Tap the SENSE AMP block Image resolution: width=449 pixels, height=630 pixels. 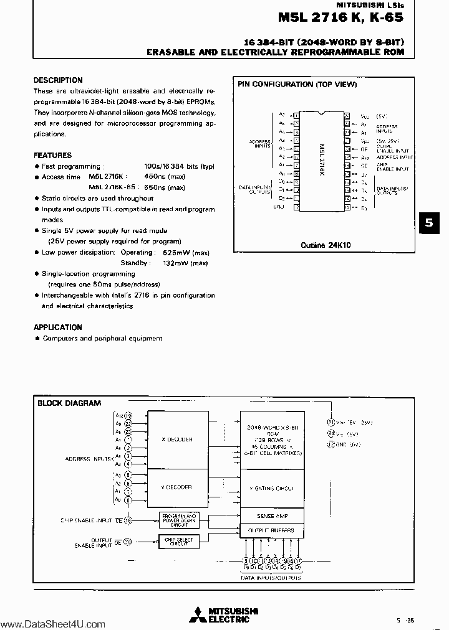[272, 516]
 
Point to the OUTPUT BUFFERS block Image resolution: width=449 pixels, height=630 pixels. [272, 530]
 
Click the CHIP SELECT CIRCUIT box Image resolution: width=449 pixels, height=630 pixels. [178, 542]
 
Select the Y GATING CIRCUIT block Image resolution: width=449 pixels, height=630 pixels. [272, 489]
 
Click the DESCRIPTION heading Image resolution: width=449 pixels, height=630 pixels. [58, 80]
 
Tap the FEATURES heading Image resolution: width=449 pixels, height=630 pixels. [53, 155]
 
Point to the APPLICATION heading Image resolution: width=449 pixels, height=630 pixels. [58, 327]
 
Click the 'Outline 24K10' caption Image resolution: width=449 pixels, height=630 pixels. [326, 245]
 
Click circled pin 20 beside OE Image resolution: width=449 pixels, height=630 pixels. [128, 542]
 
